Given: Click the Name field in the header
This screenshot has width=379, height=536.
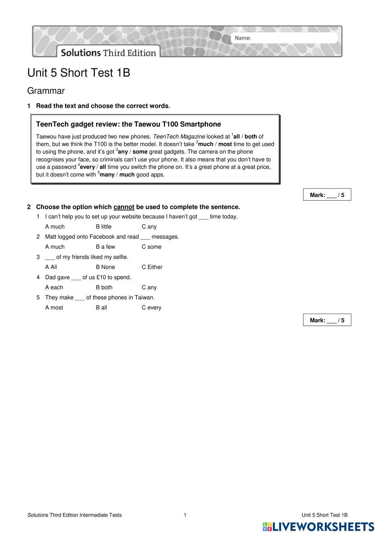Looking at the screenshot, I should point(284,38).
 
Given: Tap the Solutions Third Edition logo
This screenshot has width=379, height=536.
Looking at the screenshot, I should point(108,52).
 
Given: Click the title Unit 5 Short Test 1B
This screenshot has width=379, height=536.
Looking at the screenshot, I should point(79,73).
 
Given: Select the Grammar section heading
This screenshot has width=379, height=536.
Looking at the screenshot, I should point(46,91).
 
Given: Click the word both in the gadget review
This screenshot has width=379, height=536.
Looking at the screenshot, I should point(251,136).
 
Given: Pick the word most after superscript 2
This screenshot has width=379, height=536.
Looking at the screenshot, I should point(225,144).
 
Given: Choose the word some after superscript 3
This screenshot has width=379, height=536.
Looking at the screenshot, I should point(140,152).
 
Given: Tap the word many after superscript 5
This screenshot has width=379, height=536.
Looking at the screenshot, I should point(107,175).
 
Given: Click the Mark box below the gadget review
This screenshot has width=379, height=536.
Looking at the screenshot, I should point(327,195).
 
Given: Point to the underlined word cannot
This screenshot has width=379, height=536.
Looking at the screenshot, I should point(124,207).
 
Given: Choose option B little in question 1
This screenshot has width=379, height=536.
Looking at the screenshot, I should point(103,227).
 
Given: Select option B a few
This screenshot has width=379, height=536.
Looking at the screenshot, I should point(105,247).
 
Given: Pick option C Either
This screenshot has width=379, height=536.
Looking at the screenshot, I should point(152,267).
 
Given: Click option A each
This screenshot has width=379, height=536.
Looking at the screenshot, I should point(54,287).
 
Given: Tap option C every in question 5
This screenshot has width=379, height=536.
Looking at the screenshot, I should point(152,308).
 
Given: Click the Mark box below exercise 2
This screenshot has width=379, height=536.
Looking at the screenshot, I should point(327,320).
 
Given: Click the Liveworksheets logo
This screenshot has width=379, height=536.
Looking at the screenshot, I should point(318,527).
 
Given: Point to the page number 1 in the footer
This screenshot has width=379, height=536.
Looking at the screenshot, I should point(185,515).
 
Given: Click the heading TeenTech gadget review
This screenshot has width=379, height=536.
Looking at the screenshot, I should point(128,124).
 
